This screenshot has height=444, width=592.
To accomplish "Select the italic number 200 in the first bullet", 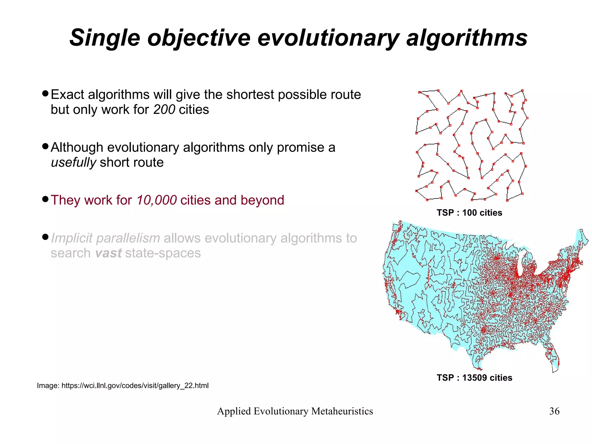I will click(164, 110).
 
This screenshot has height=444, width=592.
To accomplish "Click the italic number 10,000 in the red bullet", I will click(156, 200).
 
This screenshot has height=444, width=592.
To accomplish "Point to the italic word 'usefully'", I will click(73, 162).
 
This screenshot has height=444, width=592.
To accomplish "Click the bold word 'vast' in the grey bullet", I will click(108, 253).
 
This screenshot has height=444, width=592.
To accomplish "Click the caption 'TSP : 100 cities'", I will click(469, 213).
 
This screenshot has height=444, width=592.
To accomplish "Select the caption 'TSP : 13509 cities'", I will click(474, 377).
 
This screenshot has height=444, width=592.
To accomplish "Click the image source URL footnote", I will click(123, 386).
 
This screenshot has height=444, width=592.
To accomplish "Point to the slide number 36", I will click(554, 411).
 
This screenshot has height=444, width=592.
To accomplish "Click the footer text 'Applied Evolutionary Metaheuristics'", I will click(295, 411).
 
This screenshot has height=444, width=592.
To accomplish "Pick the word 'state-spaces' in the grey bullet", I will click(163, 253).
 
